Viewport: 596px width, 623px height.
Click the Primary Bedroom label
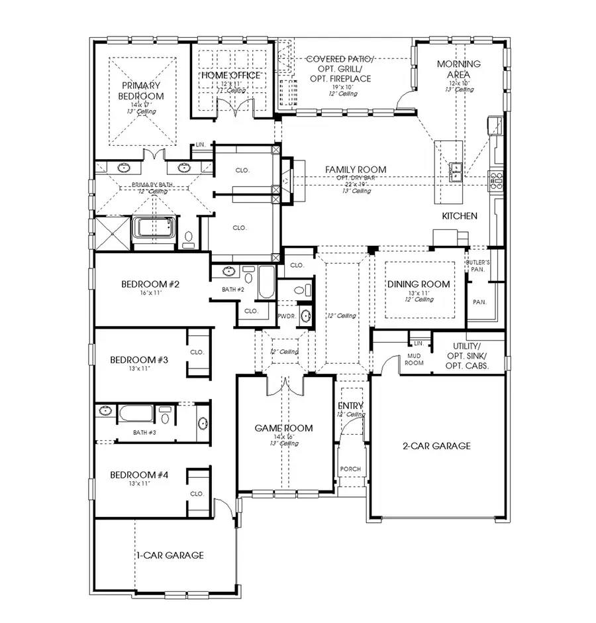[x=141, y=91]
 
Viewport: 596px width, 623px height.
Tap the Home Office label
[x=231, y=76]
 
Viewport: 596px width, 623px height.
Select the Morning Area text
[x=459, y=70]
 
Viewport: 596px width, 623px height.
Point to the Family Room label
[x=355, y=170]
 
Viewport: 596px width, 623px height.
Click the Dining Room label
[x=418, y=284]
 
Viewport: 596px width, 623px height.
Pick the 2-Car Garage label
[x=436, y=446]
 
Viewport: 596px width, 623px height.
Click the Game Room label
[x=283, y=428]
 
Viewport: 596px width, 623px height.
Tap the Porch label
[x=350, y=469]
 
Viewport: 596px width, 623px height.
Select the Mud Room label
[x=415, y=359]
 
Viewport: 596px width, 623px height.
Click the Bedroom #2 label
[x=151, y=284]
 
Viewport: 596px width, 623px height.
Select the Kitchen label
[x=460, y=216]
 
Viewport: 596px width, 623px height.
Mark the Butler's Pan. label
[x=477, y=266]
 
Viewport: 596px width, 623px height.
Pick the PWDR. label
[x=287, y=317]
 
